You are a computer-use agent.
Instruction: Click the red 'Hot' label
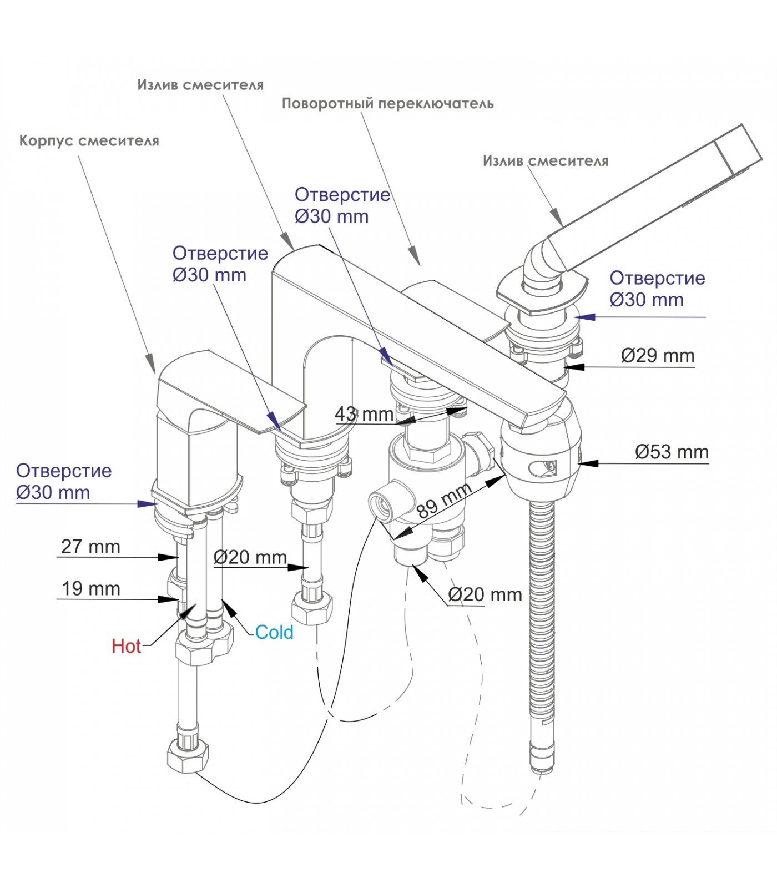126,646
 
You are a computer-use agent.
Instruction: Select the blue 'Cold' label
274,632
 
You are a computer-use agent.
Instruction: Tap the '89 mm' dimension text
443,500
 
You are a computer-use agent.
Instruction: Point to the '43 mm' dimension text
364,414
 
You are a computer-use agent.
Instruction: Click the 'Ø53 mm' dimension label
672,452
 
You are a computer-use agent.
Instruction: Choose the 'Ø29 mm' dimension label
658,356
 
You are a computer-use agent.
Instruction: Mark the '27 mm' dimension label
90,547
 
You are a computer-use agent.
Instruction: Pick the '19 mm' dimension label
90,589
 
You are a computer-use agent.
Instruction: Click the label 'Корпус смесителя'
89,141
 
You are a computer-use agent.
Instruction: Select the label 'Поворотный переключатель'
387,104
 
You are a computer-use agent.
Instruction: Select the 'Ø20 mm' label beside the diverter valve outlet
485,595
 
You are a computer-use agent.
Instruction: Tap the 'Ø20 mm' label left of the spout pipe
250,557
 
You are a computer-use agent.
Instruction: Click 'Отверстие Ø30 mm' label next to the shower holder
657,289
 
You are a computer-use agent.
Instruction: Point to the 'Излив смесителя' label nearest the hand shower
546,161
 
